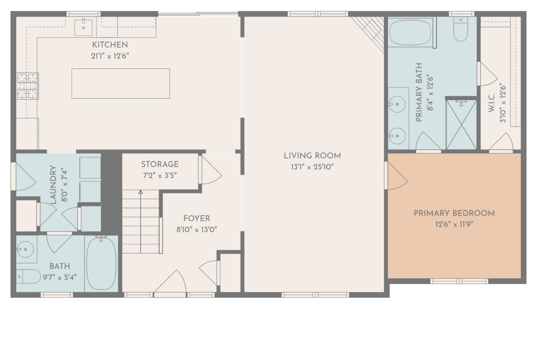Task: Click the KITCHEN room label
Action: click(x=110, y=44)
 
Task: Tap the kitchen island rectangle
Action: click(x=121, y=83)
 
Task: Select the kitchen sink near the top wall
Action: click(x=84, y=27)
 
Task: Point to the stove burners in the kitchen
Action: click(x=28, y=86)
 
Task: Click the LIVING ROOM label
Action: click(x=313, y=156)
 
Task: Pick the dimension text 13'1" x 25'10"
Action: click(x=313, y=167)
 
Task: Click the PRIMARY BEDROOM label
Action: click(x=454, y=213)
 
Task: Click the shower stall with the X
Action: click(x=461, y=124)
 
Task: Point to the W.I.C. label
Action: click(x=492, y=103)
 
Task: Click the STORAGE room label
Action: click(x=160, y=164)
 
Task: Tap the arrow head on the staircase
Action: click(x=140, y=192)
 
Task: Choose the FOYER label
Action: click(x=196, y=218)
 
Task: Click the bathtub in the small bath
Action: click(x=101, y=264)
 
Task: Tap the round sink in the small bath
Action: click(x=26, y=249)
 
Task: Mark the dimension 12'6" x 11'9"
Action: click(x=454, y=225)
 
